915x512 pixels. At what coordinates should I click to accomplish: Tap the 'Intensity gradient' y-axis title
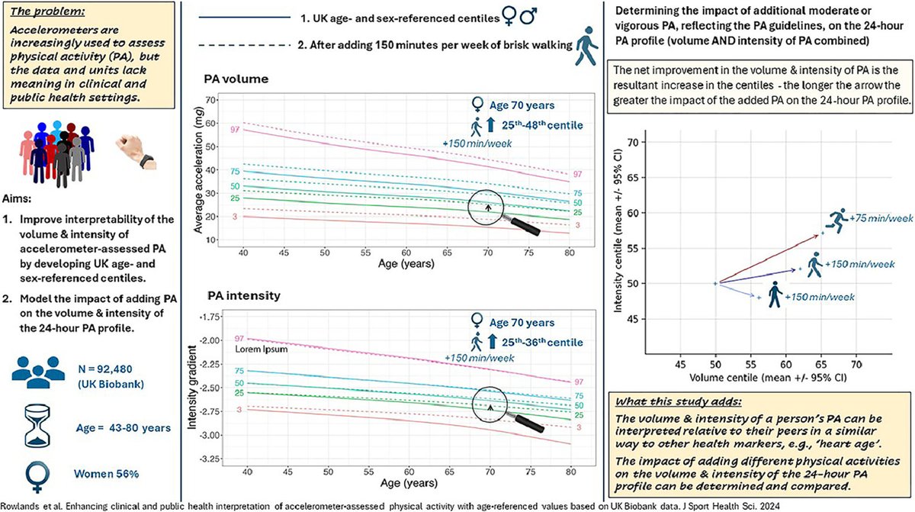[x=201, y=389]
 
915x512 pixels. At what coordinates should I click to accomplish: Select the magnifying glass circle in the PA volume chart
[x=488, y=205]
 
